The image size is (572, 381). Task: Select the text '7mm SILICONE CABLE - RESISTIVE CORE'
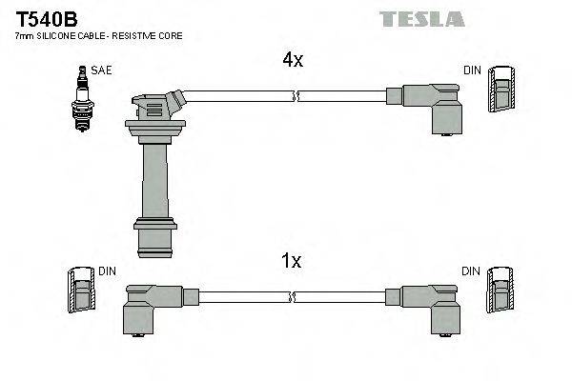98,35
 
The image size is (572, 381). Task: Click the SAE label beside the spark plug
100,70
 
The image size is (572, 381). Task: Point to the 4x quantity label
292,60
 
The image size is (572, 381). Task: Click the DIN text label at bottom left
109,271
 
